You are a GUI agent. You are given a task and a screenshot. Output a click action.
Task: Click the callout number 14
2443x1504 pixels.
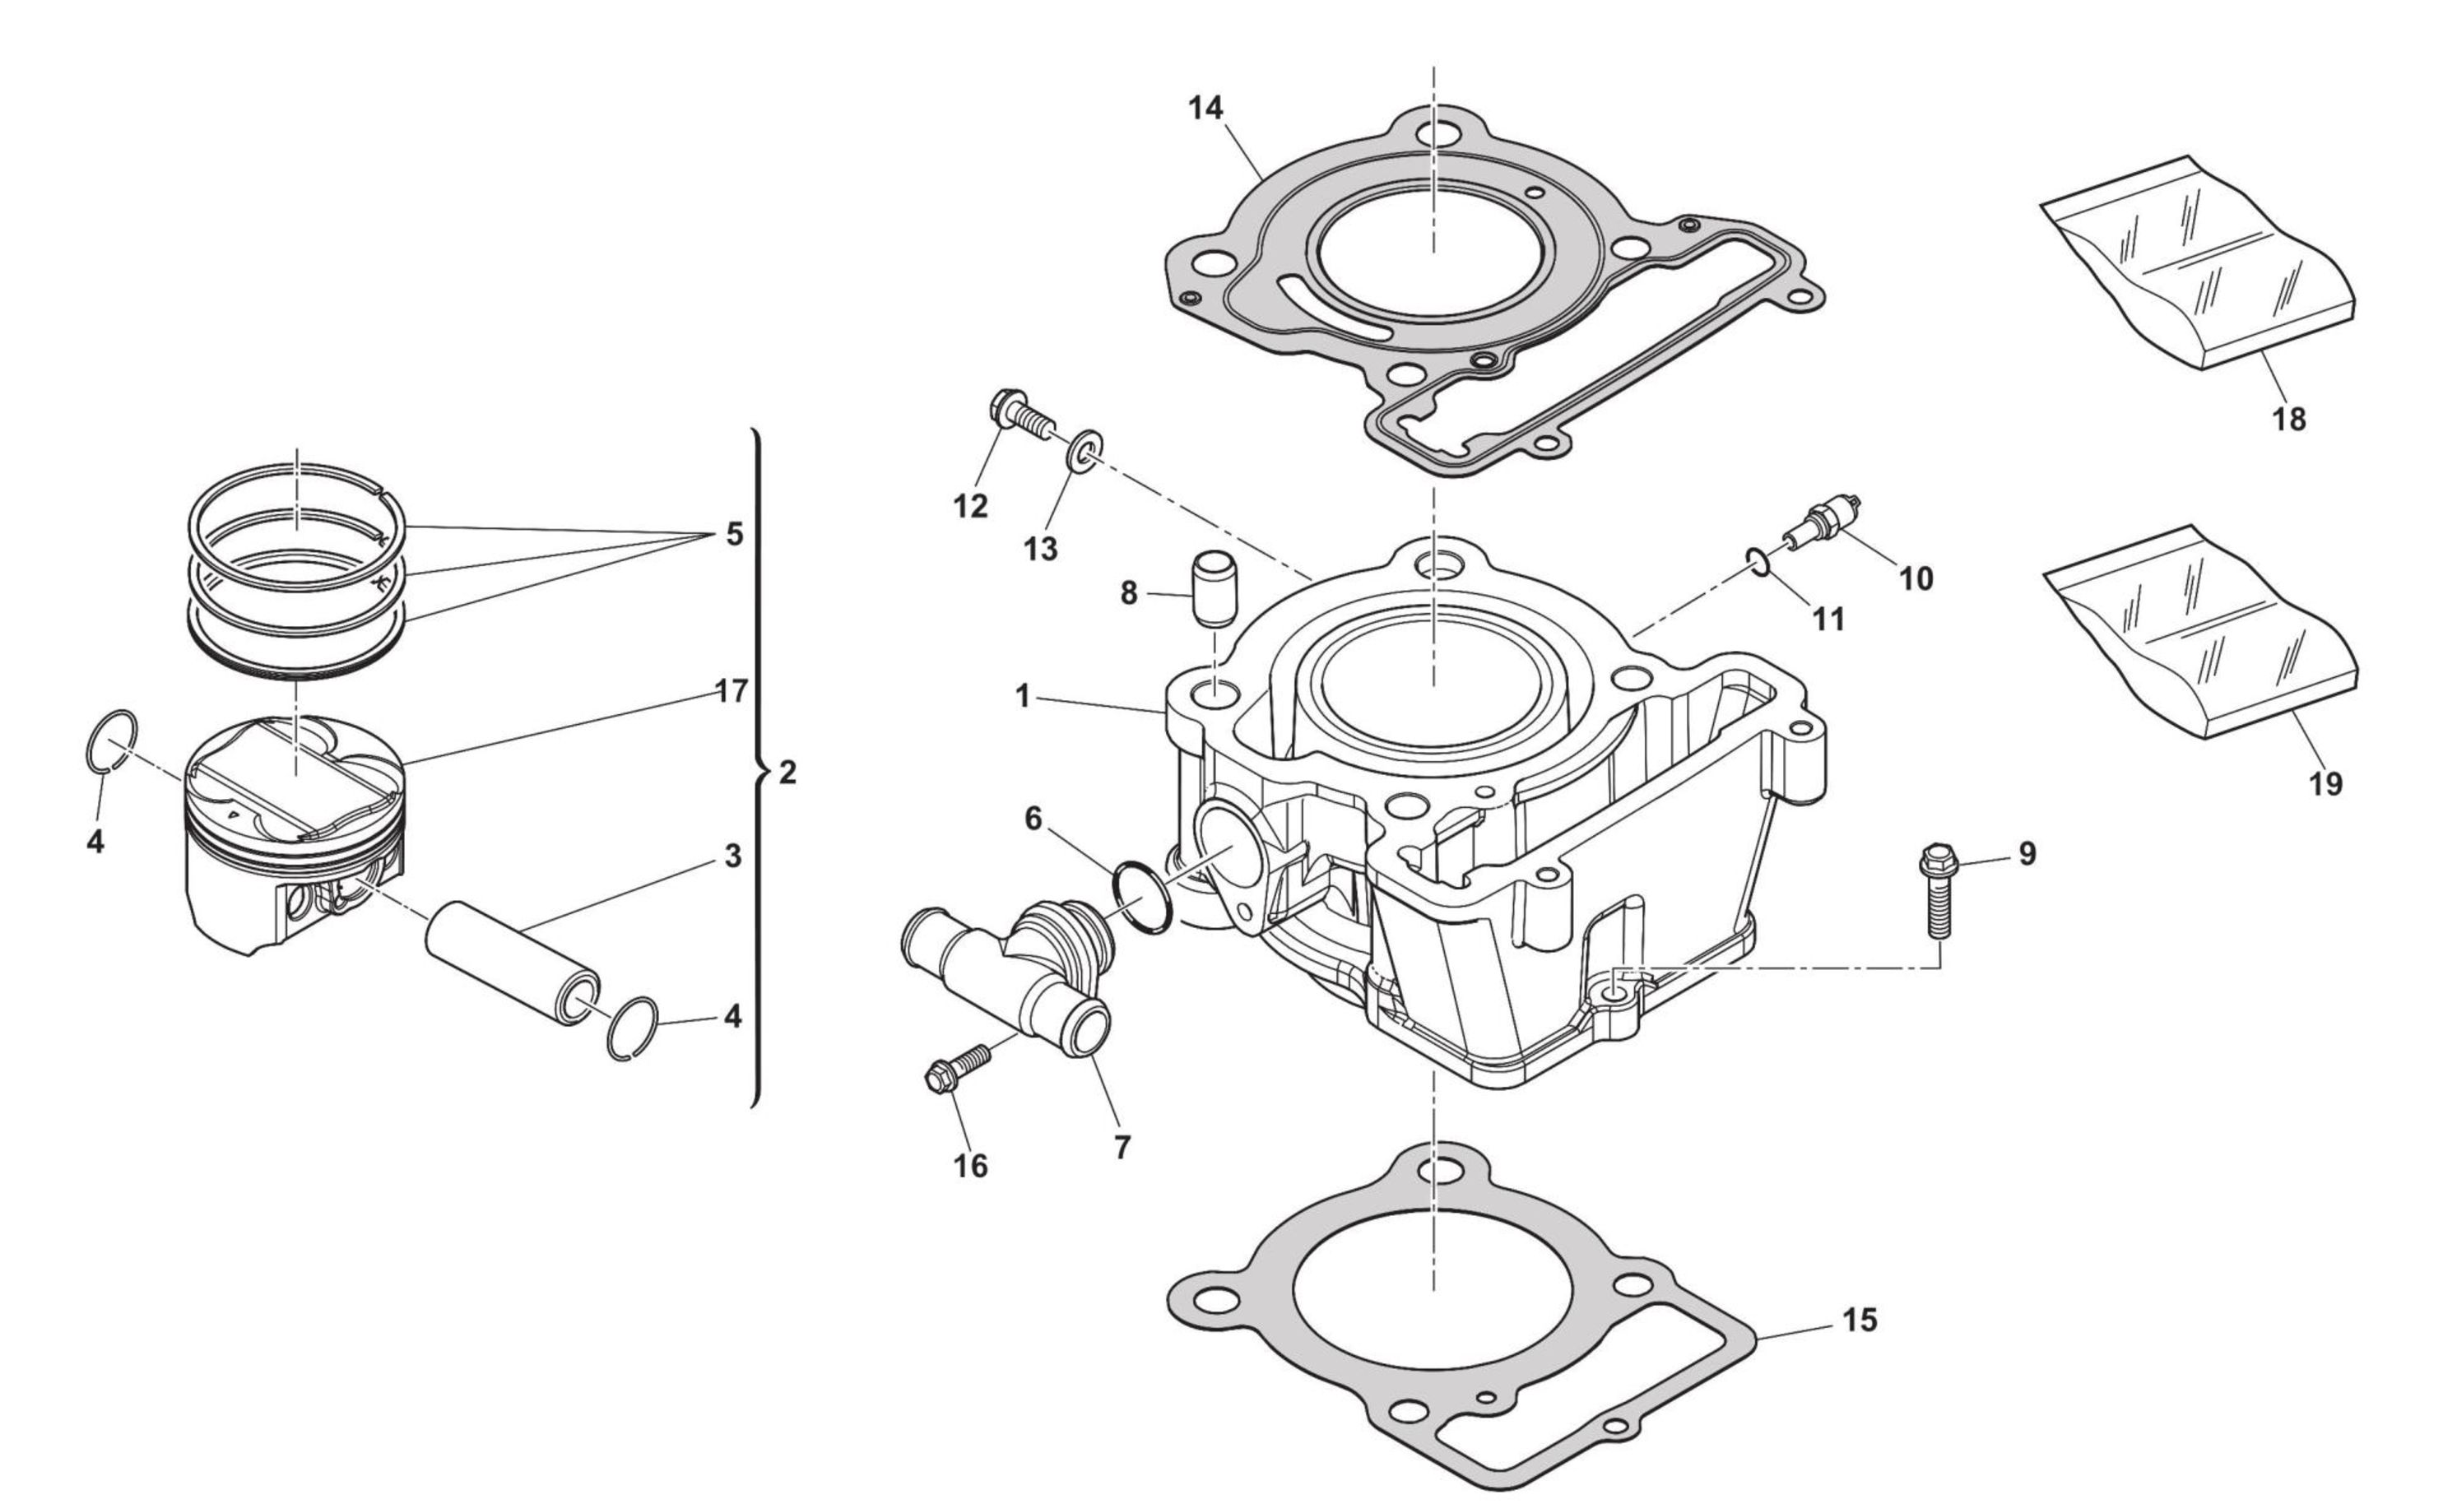point(1205,108)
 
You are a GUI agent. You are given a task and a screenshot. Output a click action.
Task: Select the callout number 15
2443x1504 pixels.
point(1859,1320)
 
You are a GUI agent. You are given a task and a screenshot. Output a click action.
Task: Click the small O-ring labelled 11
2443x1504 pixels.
point(1758,561)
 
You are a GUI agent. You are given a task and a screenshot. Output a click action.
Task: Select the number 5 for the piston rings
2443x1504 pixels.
point(734,534)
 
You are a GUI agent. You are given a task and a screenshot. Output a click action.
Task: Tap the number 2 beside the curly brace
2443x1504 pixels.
point(787,772)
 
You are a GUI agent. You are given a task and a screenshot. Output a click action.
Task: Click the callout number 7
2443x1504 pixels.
point(1122,1148)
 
